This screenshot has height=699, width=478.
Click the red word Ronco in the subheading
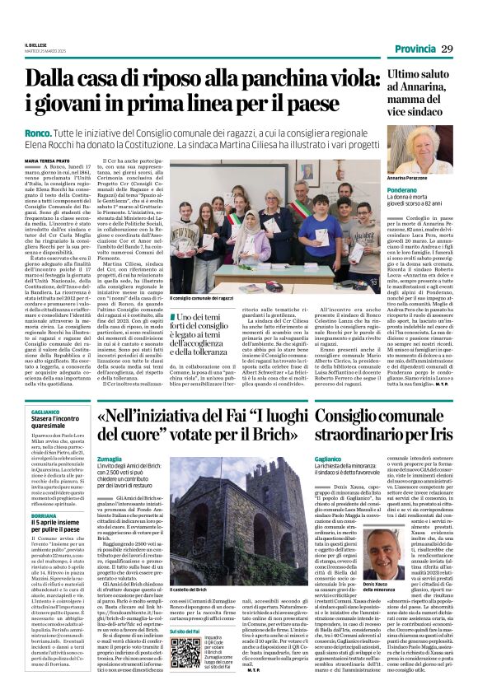pyautogui.click(x=39, y=133)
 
